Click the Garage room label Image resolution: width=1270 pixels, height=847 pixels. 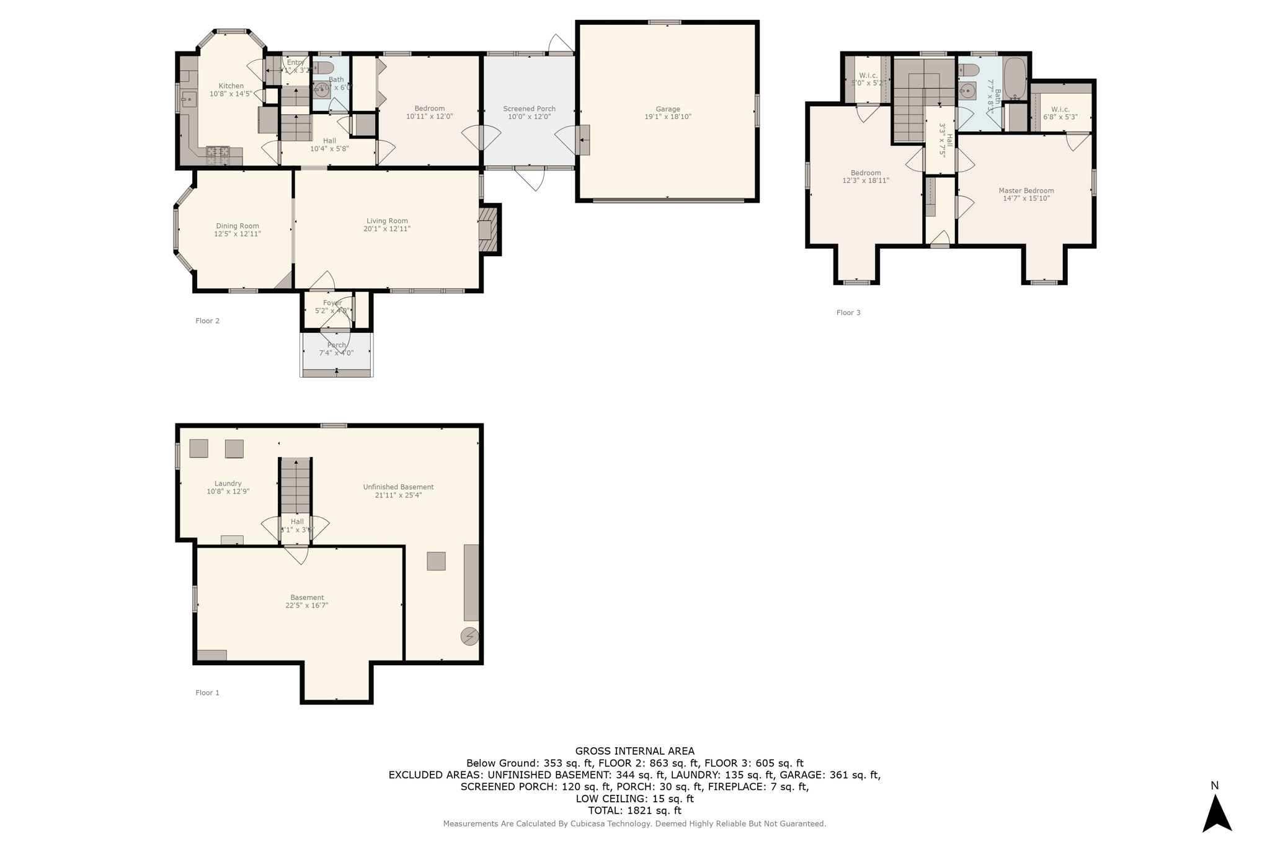coord(668,109)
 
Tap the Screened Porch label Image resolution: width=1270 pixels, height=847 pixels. coord(529,109)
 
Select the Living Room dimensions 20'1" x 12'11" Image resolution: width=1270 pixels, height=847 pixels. coord(387,229)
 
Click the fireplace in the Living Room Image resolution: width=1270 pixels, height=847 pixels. coord(487,230)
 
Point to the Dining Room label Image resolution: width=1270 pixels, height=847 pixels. coord(238,226)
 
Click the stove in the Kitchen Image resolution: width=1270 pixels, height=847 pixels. coord(218,155)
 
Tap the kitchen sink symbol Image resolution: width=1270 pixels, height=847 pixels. coord(189,99)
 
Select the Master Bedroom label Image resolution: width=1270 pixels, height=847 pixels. coord(1026,190)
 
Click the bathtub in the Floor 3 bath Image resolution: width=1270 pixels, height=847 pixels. coord(1015,78)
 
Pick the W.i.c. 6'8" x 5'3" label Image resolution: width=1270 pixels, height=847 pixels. coord(1060,113)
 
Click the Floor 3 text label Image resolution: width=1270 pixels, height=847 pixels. coord(848,313)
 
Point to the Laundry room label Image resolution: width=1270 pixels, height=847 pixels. coord(228,484)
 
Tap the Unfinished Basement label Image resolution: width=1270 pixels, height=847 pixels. coord(398,487)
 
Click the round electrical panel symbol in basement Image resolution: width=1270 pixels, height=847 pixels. coord(469,636)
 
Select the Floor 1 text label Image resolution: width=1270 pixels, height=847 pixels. coord(207,693)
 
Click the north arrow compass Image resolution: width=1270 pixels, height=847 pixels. coord(1217,814)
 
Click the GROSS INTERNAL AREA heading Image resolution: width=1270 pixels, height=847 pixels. coord(634,751)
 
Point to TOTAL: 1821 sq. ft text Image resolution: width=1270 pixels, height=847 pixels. coord(634,810)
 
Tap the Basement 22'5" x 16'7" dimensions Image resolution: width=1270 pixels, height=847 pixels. coord(306,605)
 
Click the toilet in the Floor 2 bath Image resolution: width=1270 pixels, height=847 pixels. coord(324,67)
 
